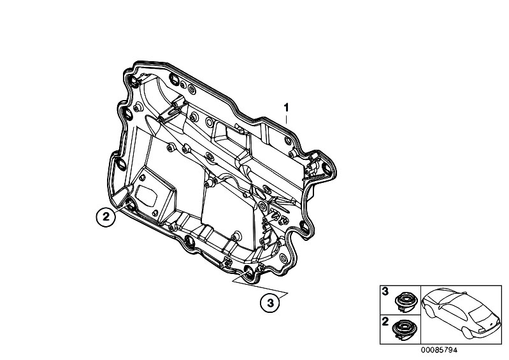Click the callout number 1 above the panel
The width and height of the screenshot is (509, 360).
(x=286, y=108)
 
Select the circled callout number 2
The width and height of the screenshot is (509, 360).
(x=106, y=217)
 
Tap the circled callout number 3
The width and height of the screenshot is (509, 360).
(x=270, y=303)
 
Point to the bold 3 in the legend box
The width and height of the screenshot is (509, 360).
(x=385, y=292)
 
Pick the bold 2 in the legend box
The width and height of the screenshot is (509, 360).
(x=385, y=322)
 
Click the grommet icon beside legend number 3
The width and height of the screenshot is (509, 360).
(x=405, y=302)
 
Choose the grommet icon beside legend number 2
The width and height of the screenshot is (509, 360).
(x=404, y=331)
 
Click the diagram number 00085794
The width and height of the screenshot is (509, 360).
(x=439, y=350)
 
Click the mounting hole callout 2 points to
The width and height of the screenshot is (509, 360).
(x=130, y=205)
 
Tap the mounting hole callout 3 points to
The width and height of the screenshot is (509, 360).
(x=249, y=272)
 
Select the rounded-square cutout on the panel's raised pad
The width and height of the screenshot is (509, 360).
(x=146, y=196)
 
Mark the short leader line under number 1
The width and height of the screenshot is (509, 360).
(x=286, y=118)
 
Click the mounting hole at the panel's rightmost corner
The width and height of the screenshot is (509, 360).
(x=326, y=168)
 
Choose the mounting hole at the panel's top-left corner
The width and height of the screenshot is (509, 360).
(x=133, y=80)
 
